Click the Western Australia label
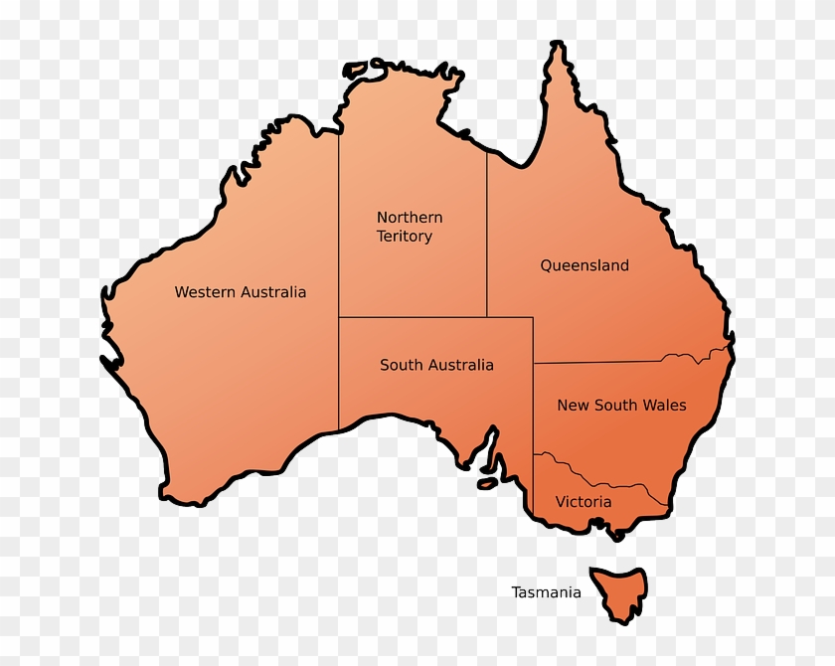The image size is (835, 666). [240, 292]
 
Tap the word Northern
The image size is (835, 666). [410, 218]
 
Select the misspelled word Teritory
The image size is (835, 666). [404, 237]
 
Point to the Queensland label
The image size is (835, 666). [584, 265]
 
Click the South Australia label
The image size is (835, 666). [436, 366]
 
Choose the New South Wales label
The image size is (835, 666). [621, 406]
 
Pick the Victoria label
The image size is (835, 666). [584, 502]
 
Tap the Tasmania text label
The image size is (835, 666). [546, 592]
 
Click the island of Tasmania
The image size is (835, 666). [618, 590]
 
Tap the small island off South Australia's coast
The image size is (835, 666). [486, 484]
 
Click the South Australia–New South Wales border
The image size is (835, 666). [534, 408]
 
